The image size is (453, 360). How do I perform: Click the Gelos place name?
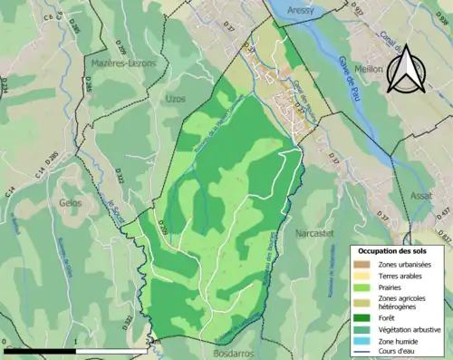tap(71, 203)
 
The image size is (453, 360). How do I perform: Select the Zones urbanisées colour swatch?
tap(363, 264)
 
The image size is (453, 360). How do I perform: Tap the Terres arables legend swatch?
tap(363, 276)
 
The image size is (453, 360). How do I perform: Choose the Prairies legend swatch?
tap(363, 287)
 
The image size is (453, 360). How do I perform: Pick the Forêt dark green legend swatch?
tap(363, 316)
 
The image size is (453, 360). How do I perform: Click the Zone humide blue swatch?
tap(363, 341)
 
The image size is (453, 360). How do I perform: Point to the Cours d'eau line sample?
tap(363, 353)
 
